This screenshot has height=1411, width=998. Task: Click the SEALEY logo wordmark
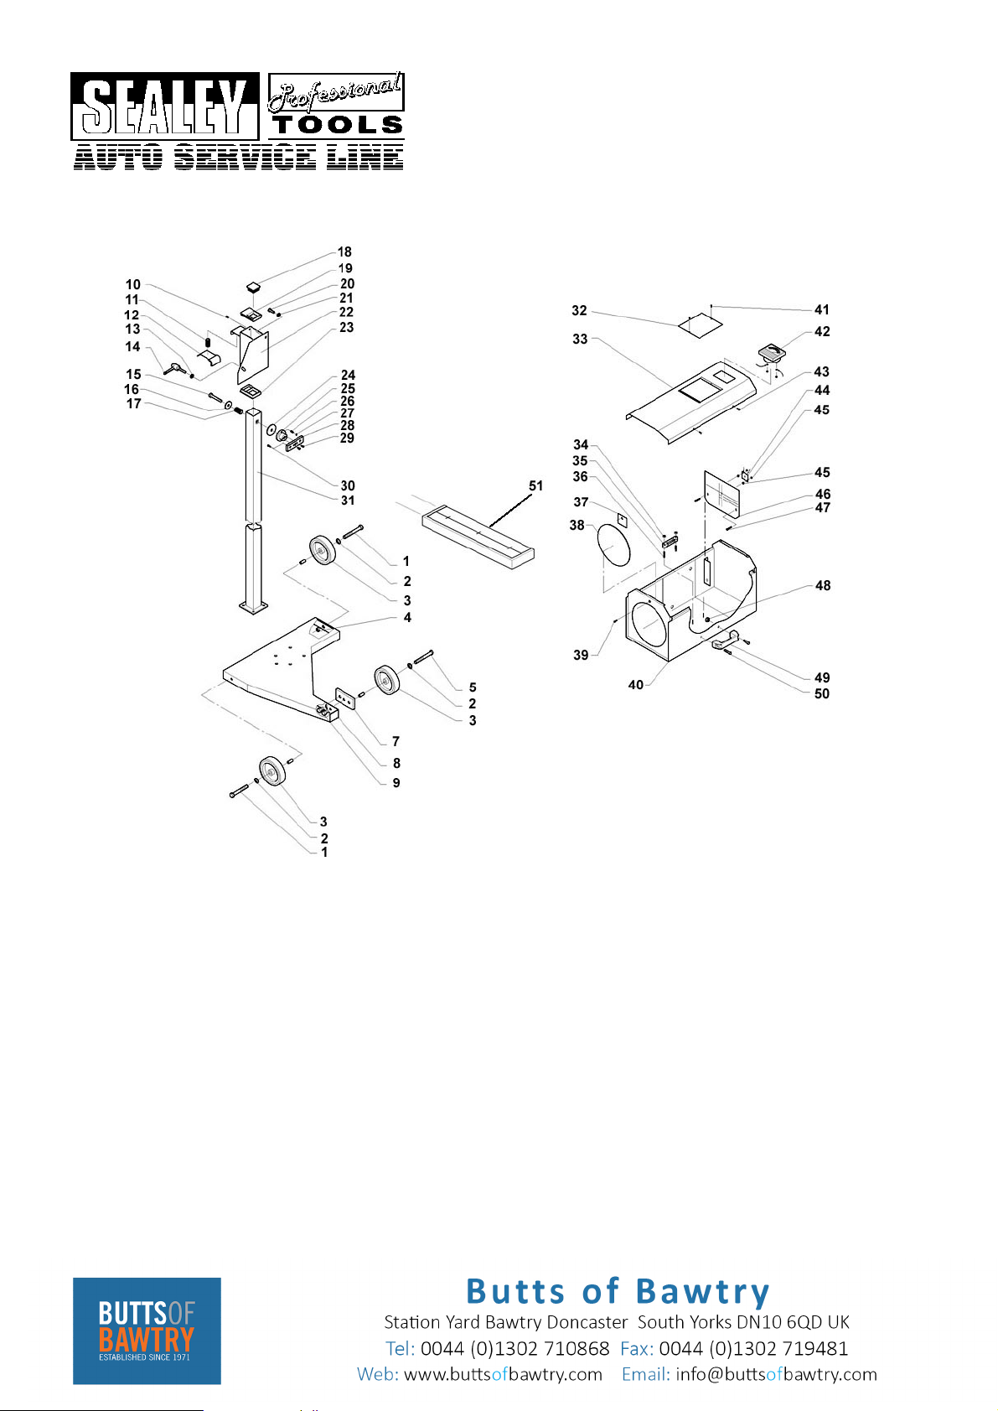164,106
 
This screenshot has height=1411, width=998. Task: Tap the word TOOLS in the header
338,125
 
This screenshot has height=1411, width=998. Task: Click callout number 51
535,485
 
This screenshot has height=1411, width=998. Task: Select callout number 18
344,252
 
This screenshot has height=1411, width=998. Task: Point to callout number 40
635,685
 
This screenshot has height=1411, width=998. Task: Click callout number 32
579,310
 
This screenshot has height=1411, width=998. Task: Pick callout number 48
822,585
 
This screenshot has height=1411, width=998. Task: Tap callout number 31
348,501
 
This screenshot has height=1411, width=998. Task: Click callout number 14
132,346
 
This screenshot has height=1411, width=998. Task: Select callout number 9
396,782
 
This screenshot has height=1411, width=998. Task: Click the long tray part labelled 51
478,536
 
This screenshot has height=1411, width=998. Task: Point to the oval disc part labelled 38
613,545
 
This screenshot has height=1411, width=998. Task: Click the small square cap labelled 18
253,288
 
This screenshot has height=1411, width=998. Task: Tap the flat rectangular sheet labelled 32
701,325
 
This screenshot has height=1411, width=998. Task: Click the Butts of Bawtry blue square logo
147,1331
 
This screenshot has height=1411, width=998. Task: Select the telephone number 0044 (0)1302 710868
515,1349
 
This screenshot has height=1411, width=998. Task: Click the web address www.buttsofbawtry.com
503,1374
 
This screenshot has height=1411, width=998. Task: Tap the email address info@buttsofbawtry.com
776,1374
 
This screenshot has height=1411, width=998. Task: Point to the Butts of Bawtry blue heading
618,1292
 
